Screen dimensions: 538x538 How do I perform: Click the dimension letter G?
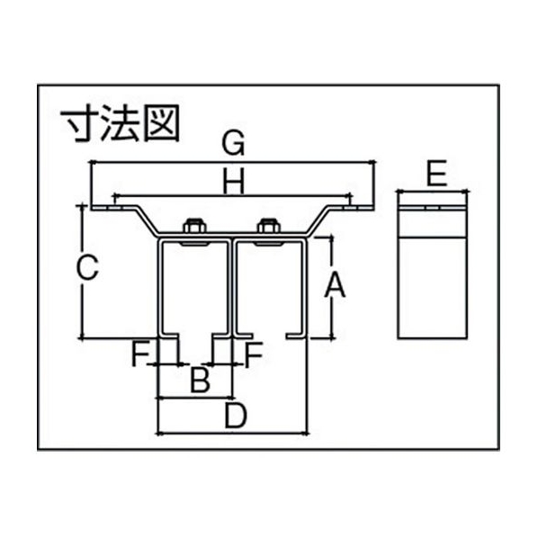233,143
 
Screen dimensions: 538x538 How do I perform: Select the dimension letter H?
234,181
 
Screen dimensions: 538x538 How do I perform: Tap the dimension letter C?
87,267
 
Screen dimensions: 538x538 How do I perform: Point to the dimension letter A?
335,284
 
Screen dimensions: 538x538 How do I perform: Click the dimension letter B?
200,380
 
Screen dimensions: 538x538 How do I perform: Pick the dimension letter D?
236,416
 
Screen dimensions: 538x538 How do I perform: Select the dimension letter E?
436,174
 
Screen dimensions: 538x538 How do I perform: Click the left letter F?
140,354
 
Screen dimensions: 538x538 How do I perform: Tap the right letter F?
253,354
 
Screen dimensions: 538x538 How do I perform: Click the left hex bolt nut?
194,226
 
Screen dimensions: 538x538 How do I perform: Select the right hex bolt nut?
269,226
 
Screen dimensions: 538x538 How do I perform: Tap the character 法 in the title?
119,123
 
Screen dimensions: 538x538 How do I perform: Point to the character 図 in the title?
161,123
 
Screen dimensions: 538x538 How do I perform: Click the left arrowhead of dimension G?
92,162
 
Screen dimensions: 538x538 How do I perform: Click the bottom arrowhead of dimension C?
82,337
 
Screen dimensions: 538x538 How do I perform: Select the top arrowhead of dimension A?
331,238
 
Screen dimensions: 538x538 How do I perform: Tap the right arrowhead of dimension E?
466,192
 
